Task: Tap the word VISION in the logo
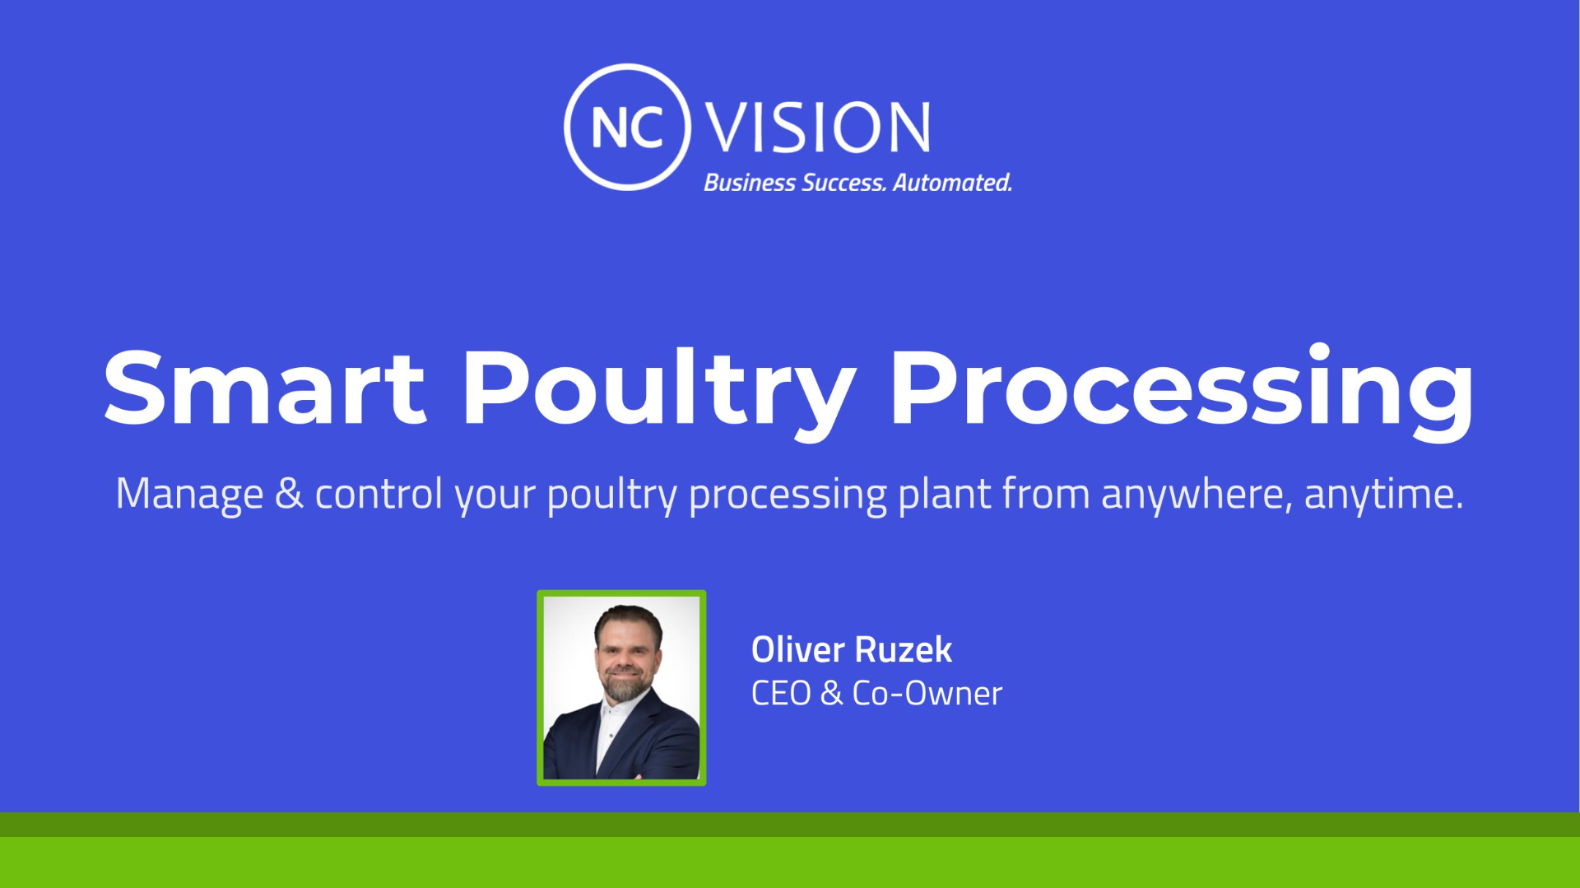point(818,128)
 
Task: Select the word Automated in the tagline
point(952,182)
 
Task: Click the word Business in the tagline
point(750,182)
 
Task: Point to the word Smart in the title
point(264,387)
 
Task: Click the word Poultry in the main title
point(659,393)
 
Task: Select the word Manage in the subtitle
point(189,495)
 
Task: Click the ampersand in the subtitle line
point(289,493)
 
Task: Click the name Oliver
point(797,649)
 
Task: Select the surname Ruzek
point(904,649)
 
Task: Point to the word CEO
point(781,693)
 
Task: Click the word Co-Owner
point(927,693)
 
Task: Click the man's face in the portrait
point(627,655)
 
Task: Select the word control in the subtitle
point(379,494)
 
